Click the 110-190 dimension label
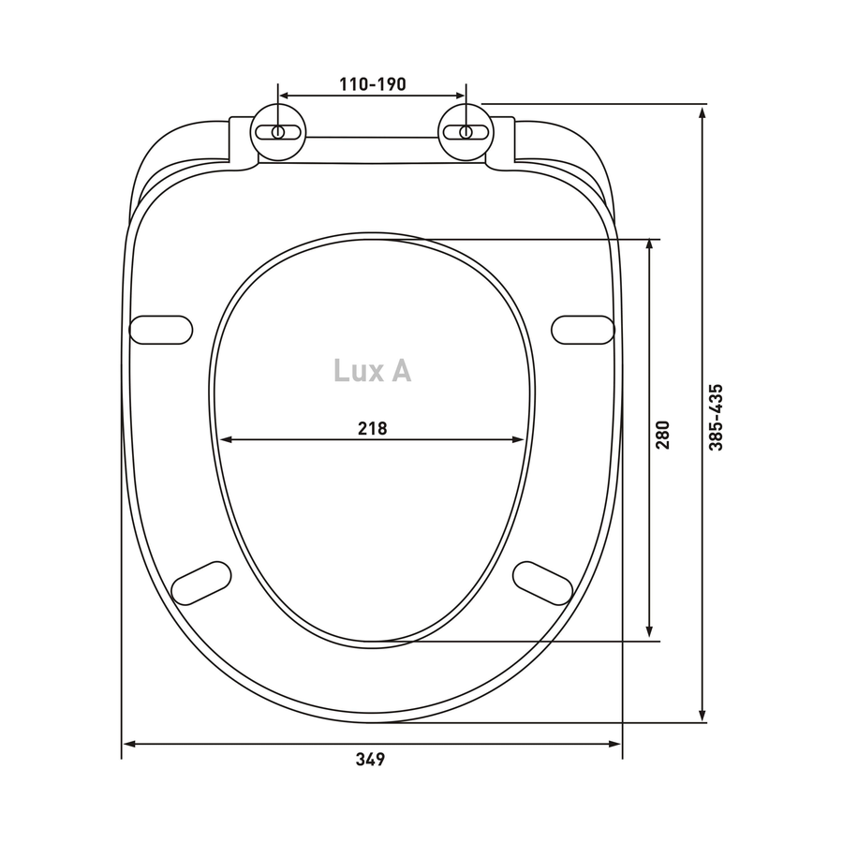(x=373, y=84)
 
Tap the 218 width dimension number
(x=373, y=428)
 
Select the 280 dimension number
(x=662, y=435)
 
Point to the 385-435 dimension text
(x=716, y=417)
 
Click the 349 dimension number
(x=370, y=759)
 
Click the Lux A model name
(x=373, y=370)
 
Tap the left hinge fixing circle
(x=278, y=132)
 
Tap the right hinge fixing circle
(x=466, y=132)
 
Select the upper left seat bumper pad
(x=161, y=330)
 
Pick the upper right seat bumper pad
(x=583, y=330)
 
